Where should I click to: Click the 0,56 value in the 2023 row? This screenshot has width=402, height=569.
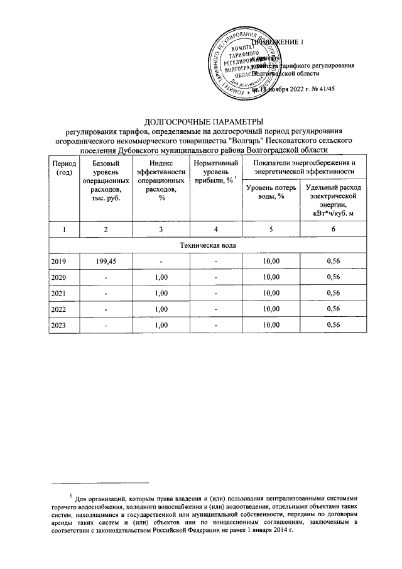[x=333, y=324]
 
